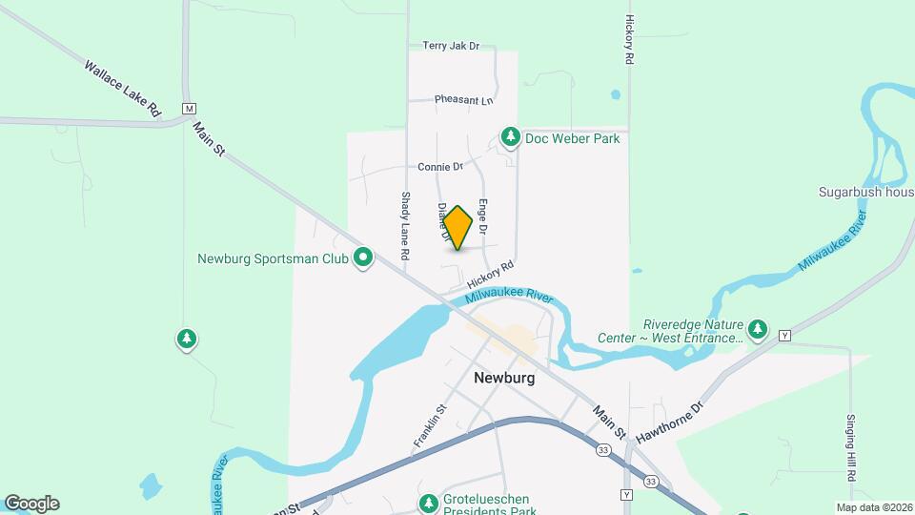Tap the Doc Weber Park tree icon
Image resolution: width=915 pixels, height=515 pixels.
[511, 138]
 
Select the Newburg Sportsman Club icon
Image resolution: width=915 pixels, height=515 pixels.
[362, 257]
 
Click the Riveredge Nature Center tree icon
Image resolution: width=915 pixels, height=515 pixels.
[758, 330]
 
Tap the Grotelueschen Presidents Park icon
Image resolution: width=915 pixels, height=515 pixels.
[428, 503]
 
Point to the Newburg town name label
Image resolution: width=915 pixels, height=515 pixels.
[504, 378]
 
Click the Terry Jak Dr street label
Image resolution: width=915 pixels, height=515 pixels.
[450, 46]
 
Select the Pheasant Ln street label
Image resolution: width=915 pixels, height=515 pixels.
[464, 100]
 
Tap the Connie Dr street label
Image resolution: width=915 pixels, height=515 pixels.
[439, 167]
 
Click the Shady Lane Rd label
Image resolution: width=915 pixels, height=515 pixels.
[404, 227]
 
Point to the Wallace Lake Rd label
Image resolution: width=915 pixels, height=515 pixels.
[122, 90]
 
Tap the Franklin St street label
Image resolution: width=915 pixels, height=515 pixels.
[430, 426]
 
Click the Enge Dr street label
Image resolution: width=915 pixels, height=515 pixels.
[483, 216]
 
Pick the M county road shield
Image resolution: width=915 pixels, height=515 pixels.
[190, 108]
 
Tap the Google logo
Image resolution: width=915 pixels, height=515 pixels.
[31, 504]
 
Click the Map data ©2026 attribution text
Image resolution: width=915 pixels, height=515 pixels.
[873, 507]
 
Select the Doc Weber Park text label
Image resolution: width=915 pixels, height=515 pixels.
[573, 138]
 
